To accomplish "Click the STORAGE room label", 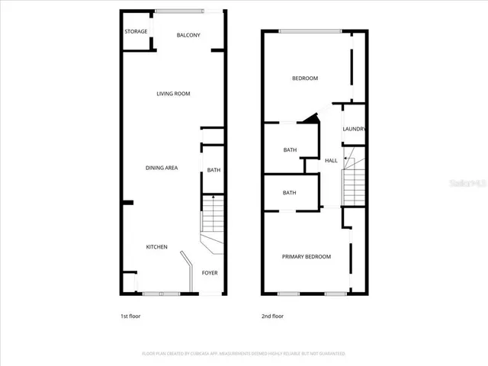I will (x=136, y=31).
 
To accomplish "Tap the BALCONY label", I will (x=188, y=36).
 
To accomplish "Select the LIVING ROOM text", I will (x=173, y=94).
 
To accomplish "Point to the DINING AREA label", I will (x=162, y=168).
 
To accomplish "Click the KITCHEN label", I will (x=157, y=247).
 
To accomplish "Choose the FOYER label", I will (x=210, y=272).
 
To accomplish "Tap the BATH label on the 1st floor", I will (x=213, y=170).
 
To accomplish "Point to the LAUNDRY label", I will (x=355, y=130).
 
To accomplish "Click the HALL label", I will (x=331, y=161).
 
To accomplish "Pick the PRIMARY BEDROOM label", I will (x=307, y=257).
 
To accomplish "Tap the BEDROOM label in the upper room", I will (x=305, y=79).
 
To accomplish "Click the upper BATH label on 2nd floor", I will (x=290, y=150).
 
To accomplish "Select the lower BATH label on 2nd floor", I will (x=290, y=193).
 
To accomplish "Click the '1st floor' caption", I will (x=130, y=316).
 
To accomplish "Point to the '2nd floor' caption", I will (x=272, y=316).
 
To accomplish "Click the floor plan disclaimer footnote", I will (x=244, y=354).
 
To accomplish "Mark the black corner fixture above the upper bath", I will (x=308, y=118).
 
